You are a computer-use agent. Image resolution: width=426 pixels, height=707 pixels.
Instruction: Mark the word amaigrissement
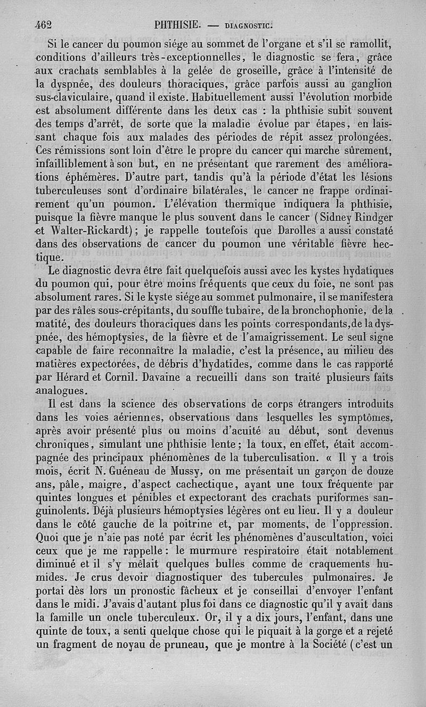281,338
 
